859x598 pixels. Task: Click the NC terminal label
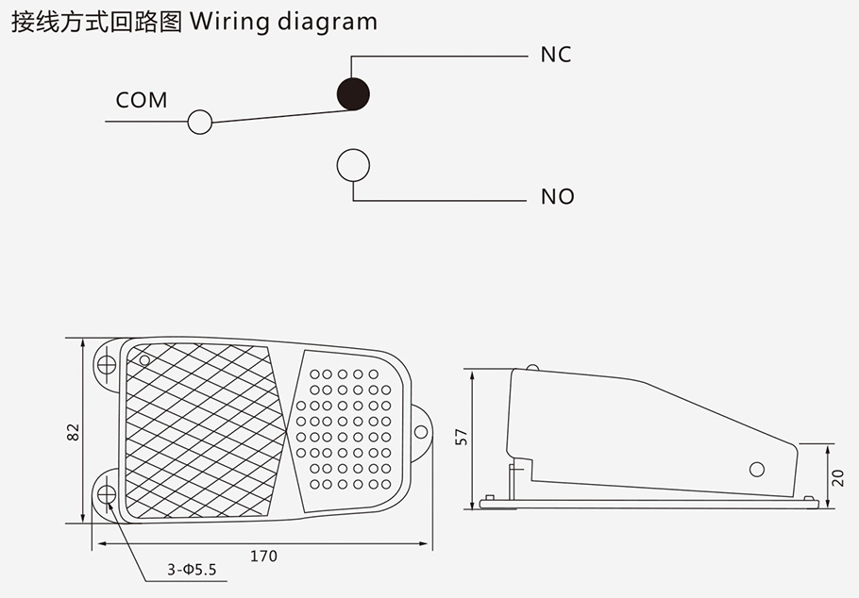[556, 55]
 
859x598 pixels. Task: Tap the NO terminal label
[557, 197]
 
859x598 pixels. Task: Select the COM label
[142, 100]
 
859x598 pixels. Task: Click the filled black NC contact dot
[354, 92]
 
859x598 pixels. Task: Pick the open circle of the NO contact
[354, 165]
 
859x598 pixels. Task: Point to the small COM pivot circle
[200, 122]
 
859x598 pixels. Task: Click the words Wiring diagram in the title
[283, 22]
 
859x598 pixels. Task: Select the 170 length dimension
[263, 556]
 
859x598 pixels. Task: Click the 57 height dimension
[462, 437]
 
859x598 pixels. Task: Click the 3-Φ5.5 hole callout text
[193, 570]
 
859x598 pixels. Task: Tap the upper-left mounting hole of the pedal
[107, 362]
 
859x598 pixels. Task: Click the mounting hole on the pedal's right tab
[421, 431]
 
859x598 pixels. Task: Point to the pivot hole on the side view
[756, 469]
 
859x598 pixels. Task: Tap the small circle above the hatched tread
[144, 359]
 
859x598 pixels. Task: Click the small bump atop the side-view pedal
[533, 368]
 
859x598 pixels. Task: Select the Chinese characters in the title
[94, 22]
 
